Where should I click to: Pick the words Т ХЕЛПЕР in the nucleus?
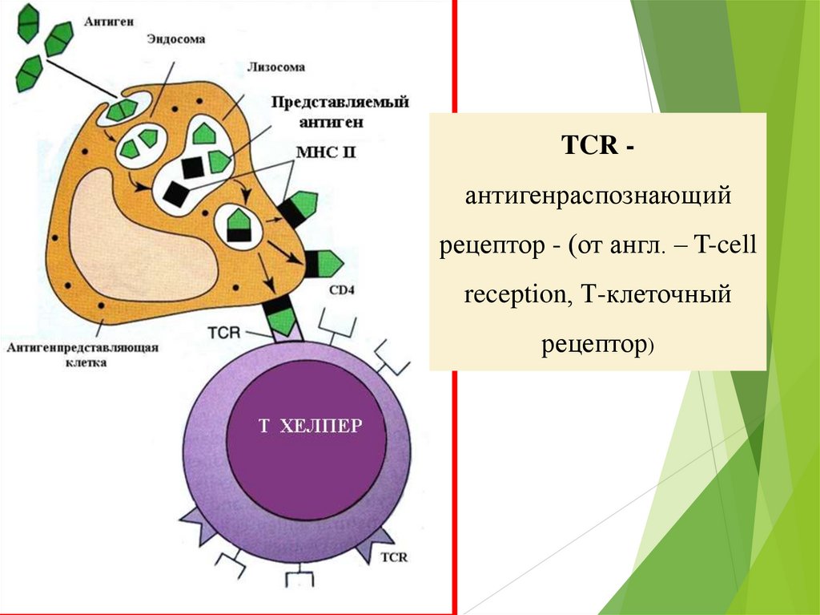click(310, 426)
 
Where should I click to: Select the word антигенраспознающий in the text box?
click(598, 196)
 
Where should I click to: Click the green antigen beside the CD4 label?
click(324, 262)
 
